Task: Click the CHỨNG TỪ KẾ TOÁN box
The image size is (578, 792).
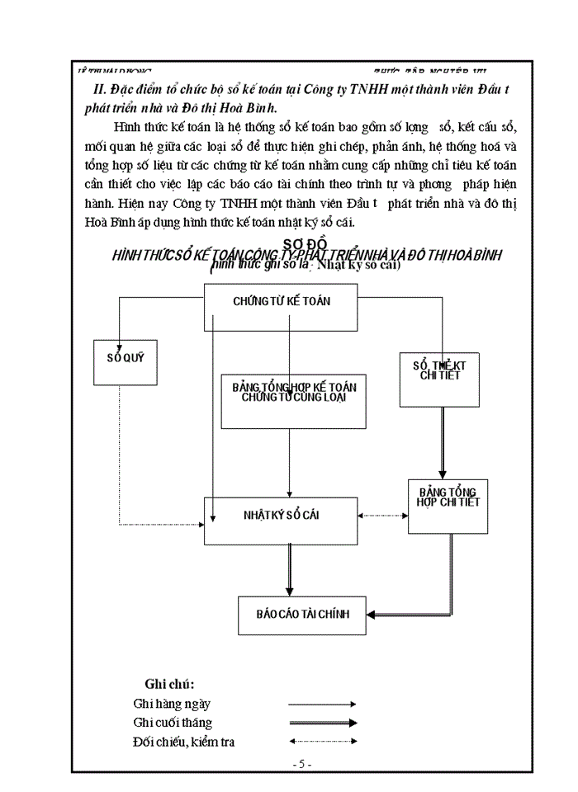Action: tap(281, 301)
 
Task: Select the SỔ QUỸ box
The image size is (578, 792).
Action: tap(120, 359)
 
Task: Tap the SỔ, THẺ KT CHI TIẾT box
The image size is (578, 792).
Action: tap(438, 369)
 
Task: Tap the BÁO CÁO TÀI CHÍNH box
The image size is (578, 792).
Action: tap(302, 614)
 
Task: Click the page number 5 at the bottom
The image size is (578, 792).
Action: tap(301, 764)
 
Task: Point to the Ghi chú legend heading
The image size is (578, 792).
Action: tap(169, 684)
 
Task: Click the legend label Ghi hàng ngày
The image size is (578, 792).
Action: tap(172, 704)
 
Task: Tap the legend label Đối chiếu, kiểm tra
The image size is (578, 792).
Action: tap(182, 742)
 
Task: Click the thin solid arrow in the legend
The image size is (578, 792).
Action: tap(322, 705)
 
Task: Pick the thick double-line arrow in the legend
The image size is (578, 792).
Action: tap(322, 723)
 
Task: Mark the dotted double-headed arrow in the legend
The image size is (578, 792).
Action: tap(322, 742)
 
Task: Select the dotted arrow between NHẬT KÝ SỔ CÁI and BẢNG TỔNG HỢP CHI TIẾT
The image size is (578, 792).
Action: tap(382, 516)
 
